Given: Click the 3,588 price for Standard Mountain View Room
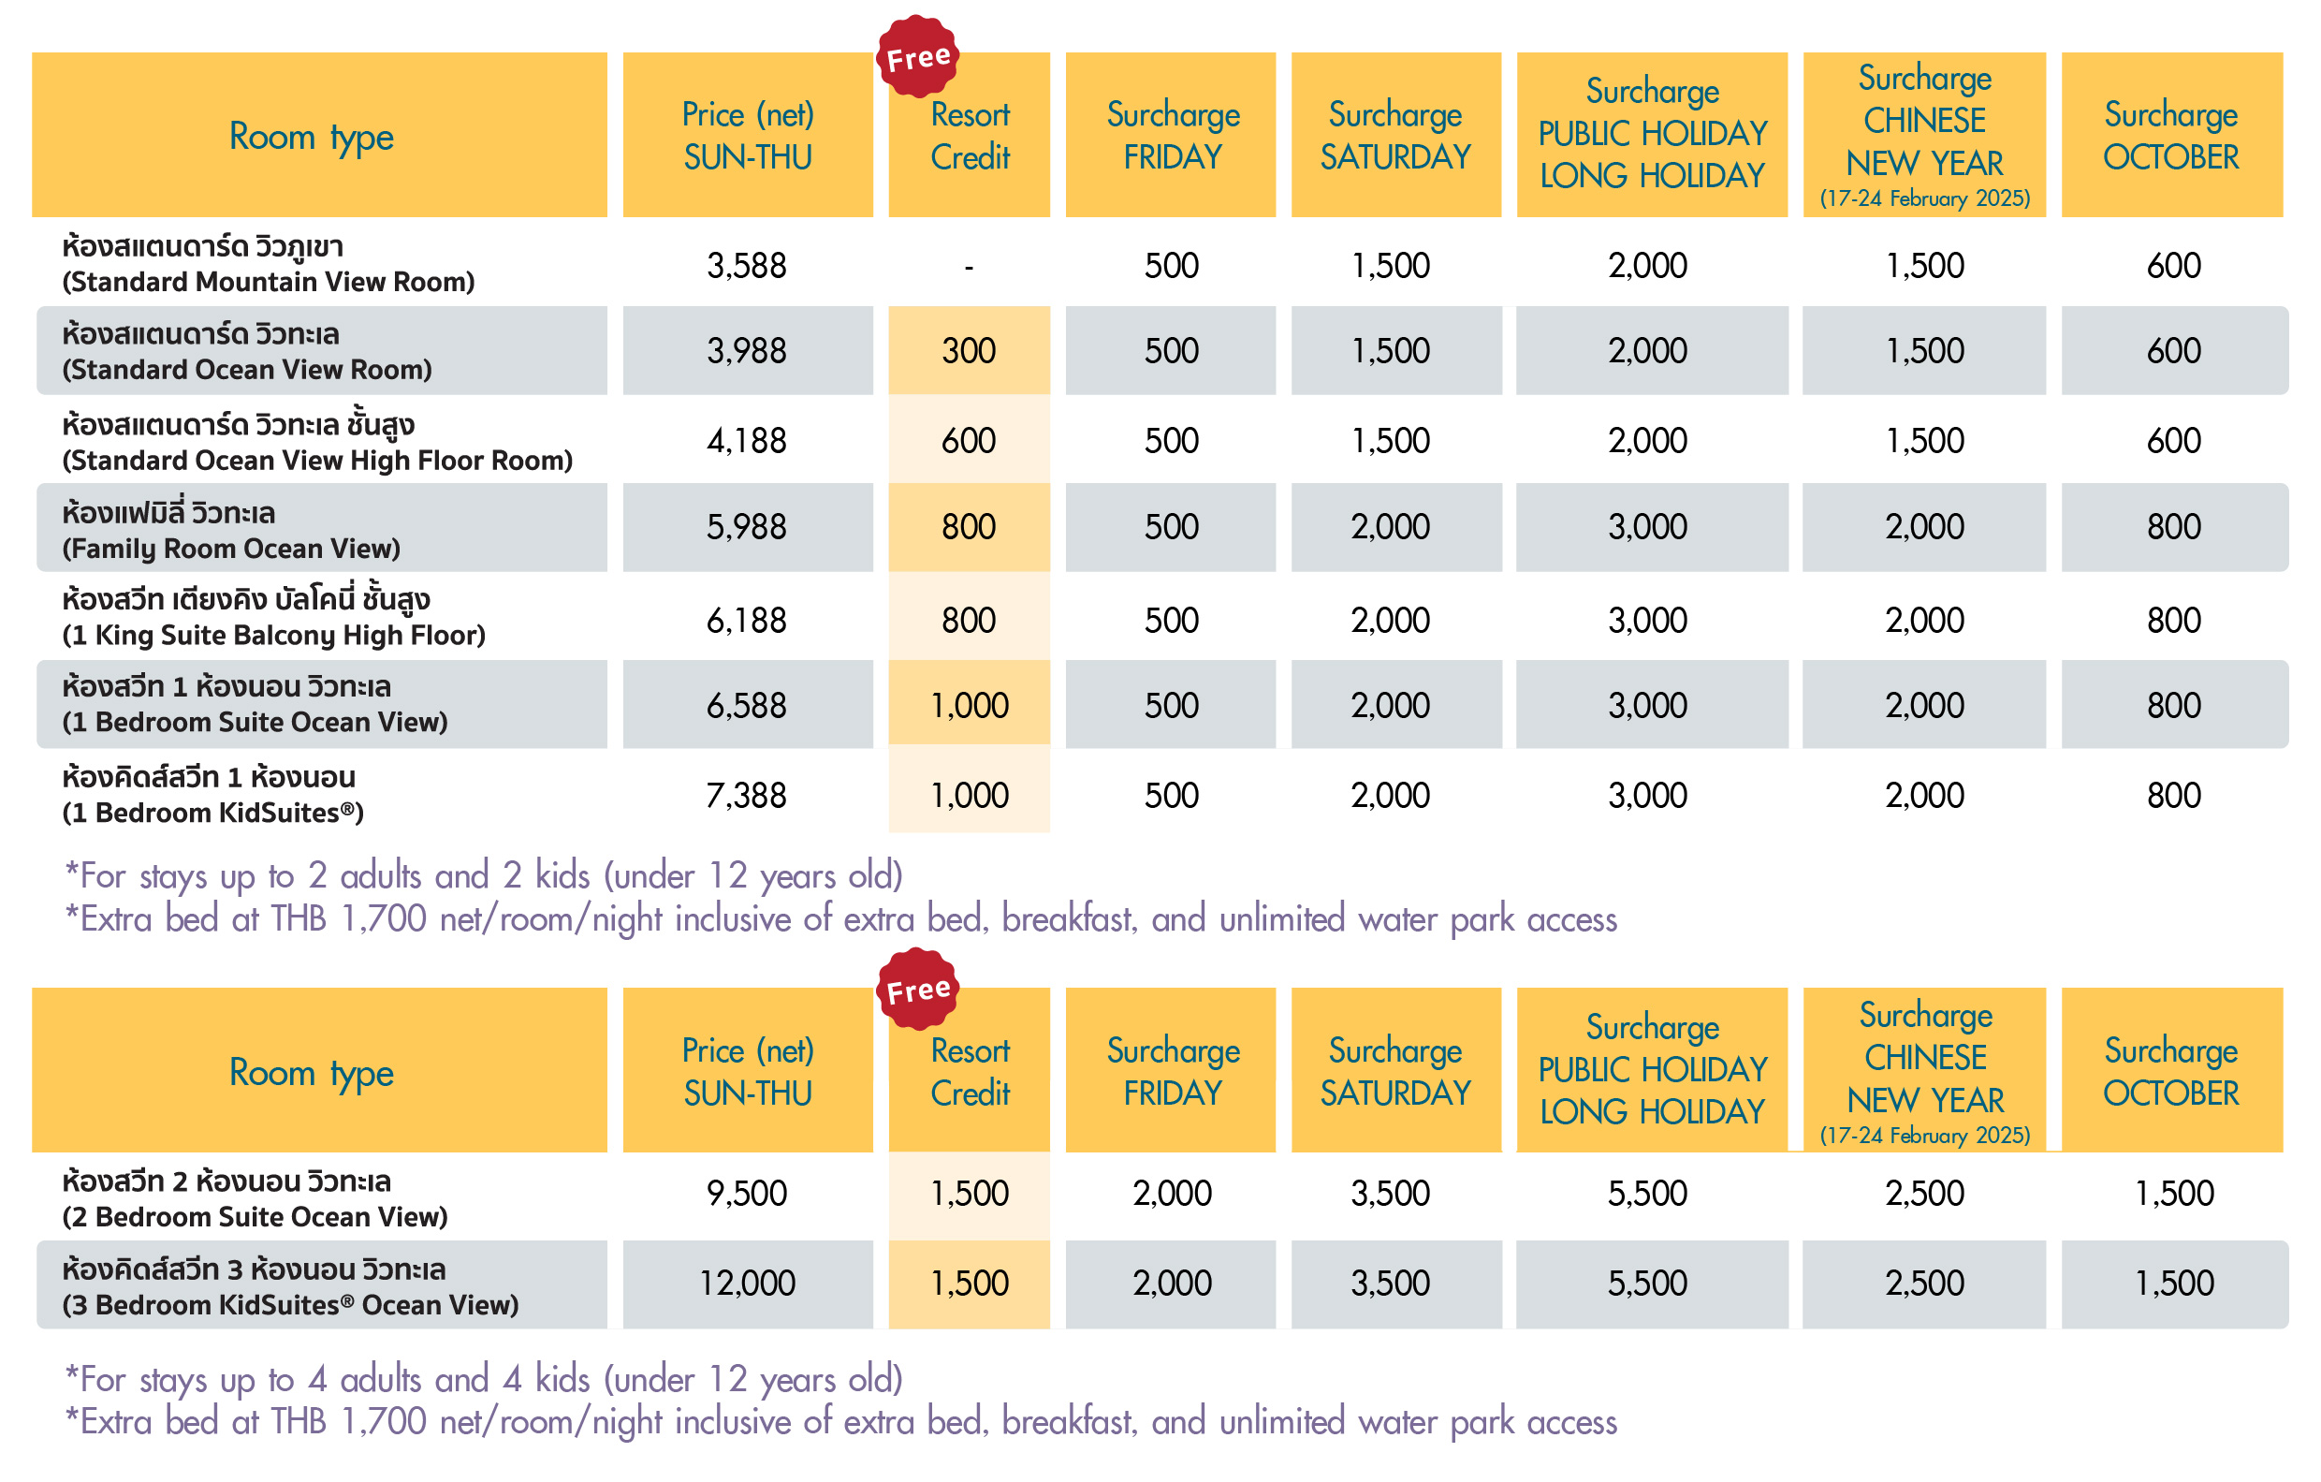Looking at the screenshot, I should point(746,265).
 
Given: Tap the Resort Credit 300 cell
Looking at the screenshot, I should point(968,351).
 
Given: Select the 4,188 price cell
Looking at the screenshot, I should point(746,441).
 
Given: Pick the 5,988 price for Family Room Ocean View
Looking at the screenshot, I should point(746,526).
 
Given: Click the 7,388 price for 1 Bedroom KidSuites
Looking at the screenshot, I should point(746,796).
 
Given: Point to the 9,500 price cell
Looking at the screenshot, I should point(746,1194).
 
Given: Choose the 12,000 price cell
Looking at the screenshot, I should point(746,1284).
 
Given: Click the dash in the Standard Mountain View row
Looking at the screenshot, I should point(969,266).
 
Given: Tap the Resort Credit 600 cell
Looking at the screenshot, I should point(968,441).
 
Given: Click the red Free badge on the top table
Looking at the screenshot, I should point(917,57).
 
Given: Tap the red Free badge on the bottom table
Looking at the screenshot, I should point(917,990).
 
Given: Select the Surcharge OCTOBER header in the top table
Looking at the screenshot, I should point(2170,135).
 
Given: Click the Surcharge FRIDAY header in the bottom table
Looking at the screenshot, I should point(1172,1071).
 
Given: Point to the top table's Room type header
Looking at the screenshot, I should point(312,136).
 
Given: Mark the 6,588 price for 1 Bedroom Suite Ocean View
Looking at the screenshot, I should point(746,706).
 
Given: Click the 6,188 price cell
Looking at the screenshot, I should point(746,620).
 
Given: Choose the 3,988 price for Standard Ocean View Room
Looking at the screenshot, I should point(746,351).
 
